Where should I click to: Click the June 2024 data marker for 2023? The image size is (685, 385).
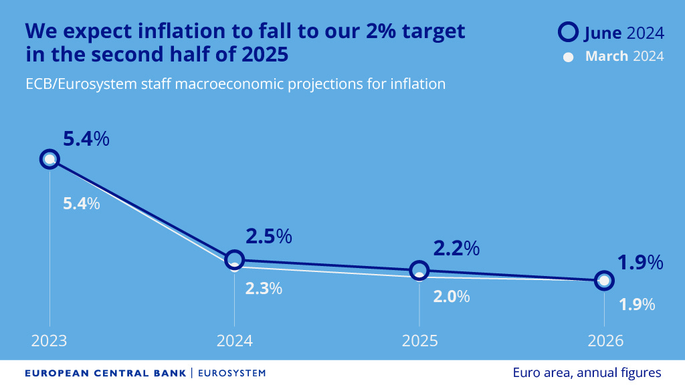pyautogui.click(x=50, y=159)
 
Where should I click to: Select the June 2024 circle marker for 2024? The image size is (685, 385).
pyautogui.click(x=234, y=259)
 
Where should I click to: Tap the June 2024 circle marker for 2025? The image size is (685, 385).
pyautogui.click(x=419, y=270)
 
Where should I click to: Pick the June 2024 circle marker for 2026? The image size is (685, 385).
pyautogui.click(x=604, y=280)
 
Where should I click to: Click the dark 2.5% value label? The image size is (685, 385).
pyautogui.click(x=269, y=237)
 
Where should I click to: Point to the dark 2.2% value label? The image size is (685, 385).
pyautogui.click(x=456, y=248)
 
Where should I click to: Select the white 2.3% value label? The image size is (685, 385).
pyautogui.click(x=264, y=289)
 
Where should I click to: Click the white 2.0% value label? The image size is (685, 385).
pyautogui.click(x=452, y=297)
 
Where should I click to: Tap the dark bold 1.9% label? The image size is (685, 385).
pyautogui.click(x=640, y=263)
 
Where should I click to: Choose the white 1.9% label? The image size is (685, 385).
pyautogui.click(x=636, y=305)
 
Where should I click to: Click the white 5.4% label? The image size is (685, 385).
pyautogui.click(x=81, y=204)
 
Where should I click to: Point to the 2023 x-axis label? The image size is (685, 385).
pyautogui.click(x=50, y=340)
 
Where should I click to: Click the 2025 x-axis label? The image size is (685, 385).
pyautogui.click(x=419, y=340)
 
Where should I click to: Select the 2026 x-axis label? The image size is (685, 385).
pyautogui.click(x=605, y=340)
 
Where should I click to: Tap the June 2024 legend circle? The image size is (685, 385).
pyautogui.click(x=569, y=32)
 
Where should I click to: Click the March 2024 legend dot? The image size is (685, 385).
pyautogui.click(x=569, y=57)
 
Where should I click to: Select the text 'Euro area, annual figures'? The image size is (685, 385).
pyautogui.click(x=587, y=372)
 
